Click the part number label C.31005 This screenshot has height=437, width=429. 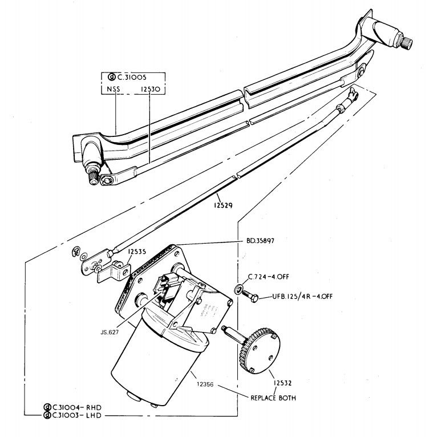[x=139, y=76]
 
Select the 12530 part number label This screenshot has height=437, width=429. [x=149, y=90]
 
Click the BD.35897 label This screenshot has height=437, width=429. [x=261, y=241]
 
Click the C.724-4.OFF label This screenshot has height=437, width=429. [x=269, y=277]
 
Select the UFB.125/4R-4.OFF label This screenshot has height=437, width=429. [x=303, y=296]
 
